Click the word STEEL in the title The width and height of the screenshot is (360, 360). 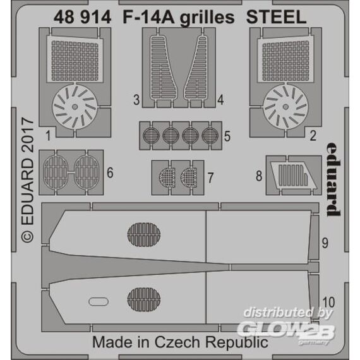point(276,18)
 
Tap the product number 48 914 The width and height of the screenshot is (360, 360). point(82,18)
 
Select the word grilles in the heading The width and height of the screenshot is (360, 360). point(207,18)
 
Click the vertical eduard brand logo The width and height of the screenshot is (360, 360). point(333,179)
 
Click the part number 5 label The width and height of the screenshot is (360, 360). point(227,136)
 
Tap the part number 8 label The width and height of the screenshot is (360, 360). point(259,176)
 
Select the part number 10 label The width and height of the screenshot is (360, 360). point(328,302)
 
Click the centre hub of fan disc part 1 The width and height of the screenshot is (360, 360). point(75,107)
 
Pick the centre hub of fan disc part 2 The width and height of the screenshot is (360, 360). point(285,107)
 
